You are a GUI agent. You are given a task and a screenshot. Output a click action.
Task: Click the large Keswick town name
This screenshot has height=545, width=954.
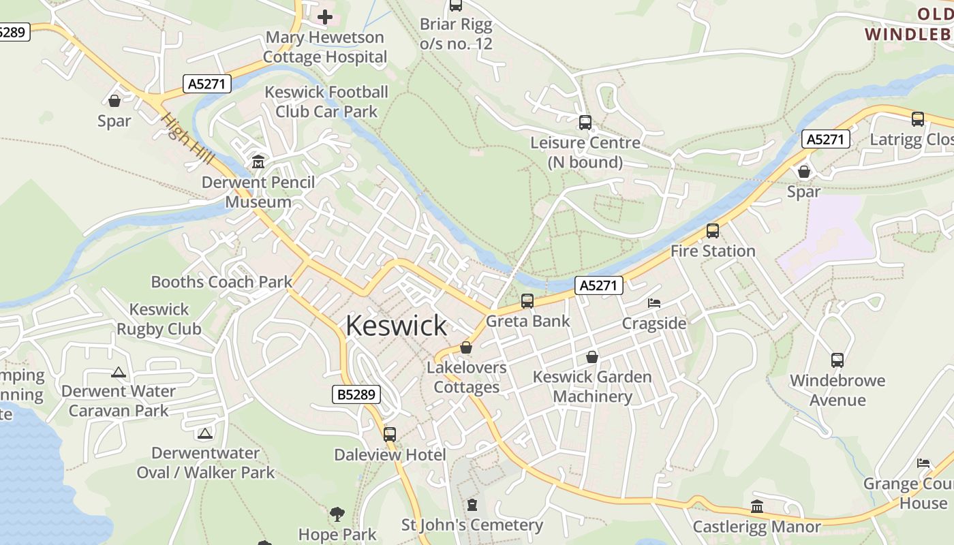[396, 326]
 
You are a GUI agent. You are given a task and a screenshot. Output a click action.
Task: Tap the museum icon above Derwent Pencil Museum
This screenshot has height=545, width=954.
[258, 162]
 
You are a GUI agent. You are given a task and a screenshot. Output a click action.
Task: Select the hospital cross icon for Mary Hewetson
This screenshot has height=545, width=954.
[325, 16]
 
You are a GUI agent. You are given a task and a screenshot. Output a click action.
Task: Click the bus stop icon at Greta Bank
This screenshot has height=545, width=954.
[527, 300]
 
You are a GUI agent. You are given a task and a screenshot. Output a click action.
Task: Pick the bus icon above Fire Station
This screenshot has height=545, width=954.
[712, 231]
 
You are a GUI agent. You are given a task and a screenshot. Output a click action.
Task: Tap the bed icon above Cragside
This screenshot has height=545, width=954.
[654, 302]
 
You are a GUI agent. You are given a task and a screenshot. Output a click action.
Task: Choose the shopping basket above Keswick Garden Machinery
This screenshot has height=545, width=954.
[592, 357]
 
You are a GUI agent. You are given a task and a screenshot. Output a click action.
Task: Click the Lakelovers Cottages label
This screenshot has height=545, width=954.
[467, 377]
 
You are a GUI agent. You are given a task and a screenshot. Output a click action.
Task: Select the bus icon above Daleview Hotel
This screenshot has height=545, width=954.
[390, 434]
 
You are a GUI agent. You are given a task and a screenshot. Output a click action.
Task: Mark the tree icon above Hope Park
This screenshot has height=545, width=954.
[337, 514]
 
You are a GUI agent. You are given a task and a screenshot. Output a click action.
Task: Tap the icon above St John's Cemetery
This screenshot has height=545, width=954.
[472, 505]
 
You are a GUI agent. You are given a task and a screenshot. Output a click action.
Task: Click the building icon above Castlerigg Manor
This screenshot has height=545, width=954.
[756, 506]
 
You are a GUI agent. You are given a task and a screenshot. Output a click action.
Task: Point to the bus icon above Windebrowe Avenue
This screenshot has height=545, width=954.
[837, 360]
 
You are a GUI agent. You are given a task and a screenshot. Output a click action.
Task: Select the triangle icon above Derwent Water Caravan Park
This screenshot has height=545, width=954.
[119, 372]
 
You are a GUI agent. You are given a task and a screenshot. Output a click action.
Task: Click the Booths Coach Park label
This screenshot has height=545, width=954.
[221, 281]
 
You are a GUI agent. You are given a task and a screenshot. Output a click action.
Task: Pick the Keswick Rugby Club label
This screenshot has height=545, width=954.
[159, 319]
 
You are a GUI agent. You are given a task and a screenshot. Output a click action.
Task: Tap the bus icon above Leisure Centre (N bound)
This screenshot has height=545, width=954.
[585, 123]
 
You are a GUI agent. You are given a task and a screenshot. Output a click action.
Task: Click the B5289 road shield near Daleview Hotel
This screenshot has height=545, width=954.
[356, 394]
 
